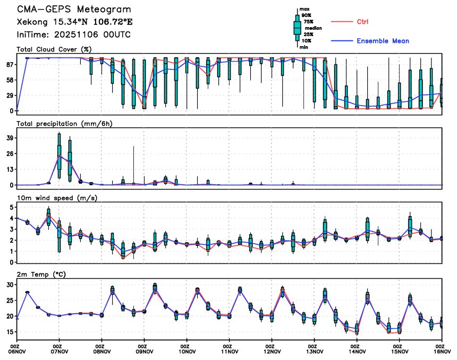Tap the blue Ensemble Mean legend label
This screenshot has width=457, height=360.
[383, 41]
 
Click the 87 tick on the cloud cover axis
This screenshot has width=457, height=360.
[9, 64]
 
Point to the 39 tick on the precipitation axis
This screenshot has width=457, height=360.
[9, 138]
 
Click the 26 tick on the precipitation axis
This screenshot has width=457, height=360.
[9, 153]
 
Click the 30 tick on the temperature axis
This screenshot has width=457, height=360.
[9, 285]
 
